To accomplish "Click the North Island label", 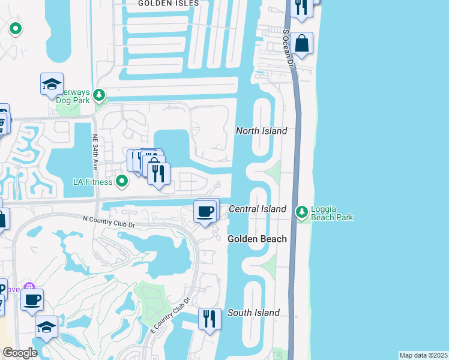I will tap(261, 131).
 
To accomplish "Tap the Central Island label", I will tap(258, 209).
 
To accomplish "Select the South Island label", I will tap(253, 313).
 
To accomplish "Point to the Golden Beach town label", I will tap(257, 239).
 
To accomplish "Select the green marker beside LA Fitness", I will tap(122, 181).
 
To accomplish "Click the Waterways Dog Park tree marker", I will tap(100, 95).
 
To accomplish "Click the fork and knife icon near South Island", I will tap(209, 319).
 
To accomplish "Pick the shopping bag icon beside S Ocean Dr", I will tap(303, 43).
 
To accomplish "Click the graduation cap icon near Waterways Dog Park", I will tap(52, 84).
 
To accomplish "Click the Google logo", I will tap(20, 353).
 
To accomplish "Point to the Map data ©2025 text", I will tap(423, 355).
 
